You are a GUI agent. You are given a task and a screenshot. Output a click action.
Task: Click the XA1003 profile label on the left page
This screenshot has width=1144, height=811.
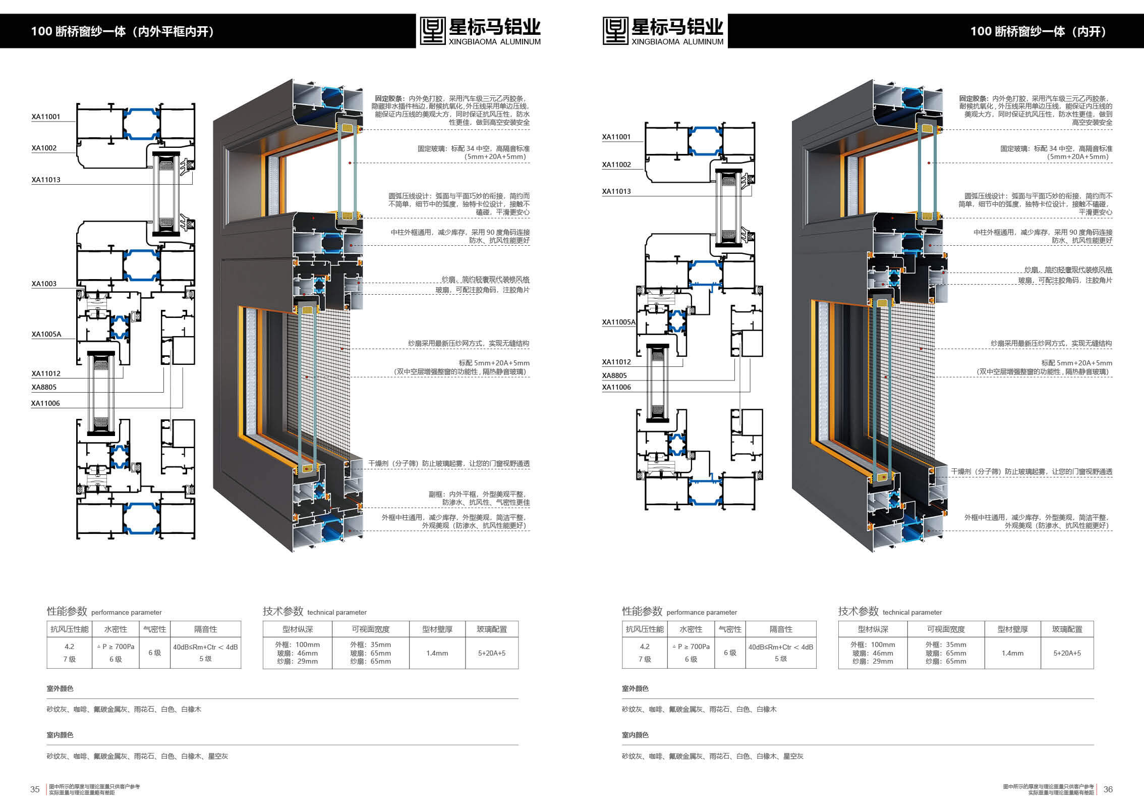[44, 284]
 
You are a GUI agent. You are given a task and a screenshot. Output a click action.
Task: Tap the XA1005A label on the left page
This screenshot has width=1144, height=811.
[46, 334]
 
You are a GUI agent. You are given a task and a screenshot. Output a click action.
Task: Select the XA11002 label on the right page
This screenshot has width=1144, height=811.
[616, 165]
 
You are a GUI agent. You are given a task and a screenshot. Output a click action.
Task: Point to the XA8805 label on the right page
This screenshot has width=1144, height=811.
[614, 375]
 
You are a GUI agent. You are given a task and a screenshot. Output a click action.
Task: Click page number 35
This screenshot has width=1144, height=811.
[35, 789]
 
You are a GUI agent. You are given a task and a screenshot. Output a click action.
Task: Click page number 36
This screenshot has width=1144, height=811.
[1108, 789]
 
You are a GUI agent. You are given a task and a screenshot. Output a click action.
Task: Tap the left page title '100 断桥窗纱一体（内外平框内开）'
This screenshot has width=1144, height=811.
[123, 31]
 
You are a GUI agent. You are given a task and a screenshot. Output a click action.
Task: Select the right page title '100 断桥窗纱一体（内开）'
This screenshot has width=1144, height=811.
[1038, 31]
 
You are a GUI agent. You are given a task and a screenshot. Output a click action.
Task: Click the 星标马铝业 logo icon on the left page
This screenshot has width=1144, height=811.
[433, 31]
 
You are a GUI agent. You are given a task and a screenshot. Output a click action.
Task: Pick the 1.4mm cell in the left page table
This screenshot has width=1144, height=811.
[437, 653]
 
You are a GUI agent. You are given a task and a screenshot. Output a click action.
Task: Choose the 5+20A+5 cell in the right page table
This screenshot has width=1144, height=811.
[1067, 653]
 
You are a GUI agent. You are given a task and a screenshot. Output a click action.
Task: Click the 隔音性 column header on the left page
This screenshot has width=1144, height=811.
[206, 629]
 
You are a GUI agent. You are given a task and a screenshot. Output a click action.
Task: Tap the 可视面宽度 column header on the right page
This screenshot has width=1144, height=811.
[946, 629]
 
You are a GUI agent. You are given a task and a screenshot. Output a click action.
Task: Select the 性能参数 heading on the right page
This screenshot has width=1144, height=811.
[642, 611]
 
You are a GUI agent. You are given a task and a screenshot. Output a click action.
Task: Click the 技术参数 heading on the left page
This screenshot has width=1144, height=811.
[283, 611]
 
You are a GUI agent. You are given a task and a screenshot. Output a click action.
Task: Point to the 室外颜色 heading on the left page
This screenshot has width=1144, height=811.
[60, 688]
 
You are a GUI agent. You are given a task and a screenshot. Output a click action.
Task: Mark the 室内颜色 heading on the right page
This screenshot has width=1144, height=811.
[635, 735]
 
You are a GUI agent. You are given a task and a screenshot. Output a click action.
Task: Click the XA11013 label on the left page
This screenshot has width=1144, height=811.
[46, 180]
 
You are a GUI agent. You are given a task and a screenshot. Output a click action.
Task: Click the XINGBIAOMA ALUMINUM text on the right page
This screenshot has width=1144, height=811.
[677, 42]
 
